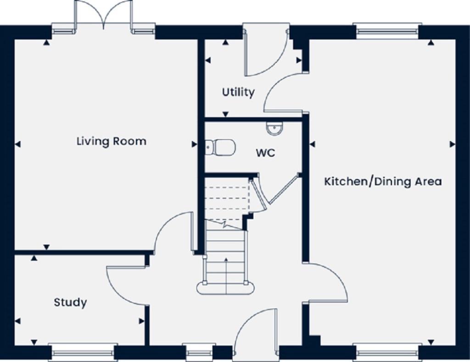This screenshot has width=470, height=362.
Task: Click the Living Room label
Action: pyautogui.click(x=111, y=141)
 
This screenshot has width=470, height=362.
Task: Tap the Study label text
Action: pyautogui.click(x=70, y=302)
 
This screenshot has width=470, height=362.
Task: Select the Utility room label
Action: pyautogui.click(x=238, y=92)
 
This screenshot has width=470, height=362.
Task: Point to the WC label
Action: pyautogui.click(x=265, y=153)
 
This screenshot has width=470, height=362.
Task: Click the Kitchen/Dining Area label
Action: pyautogui.click(x=383, y=181)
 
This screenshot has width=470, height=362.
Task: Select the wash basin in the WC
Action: pyautogui.click(x=274, y=129)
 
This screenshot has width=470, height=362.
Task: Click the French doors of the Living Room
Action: pyautogui.click(x=104, y=16)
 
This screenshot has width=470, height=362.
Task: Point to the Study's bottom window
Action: pyautogui.click(x=83, y=352)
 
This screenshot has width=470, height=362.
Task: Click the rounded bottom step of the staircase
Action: pyautogui.click(x=226, y=288)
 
